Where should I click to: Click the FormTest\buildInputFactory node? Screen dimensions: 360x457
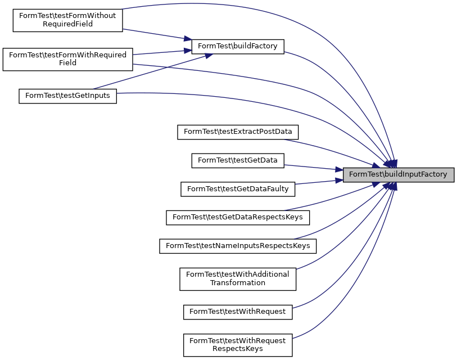pos(398,174)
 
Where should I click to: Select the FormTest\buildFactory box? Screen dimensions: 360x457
pos(238,46)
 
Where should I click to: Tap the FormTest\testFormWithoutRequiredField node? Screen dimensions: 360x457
pos(67,20)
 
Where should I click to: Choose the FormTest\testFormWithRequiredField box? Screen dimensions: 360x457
pos(67,59)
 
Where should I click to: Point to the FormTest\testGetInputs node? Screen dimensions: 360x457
pos(68,96)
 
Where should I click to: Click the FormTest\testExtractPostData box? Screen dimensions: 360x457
pos(238,132)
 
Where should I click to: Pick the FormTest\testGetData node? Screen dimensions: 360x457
pos(238,160)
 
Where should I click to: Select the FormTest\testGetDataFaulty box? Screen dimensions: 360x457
pos(238,189)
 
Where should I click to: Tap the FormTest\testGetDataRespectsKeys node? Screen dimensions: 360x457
pos(238,217)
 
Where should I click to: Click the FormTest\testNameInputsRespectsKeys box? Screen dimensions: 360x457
pos(238,246)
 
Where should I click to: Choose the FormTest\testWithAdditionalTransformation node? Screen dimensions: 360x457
pos(238,278)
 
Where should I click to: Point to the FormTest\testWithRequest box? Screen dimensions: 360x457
pos(238,311)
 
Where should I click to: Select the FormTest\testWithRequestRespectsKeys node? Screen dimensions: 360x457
pos(238,344)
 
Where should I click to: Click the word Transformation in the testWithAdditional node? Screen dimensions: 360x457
pos(238,283)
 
